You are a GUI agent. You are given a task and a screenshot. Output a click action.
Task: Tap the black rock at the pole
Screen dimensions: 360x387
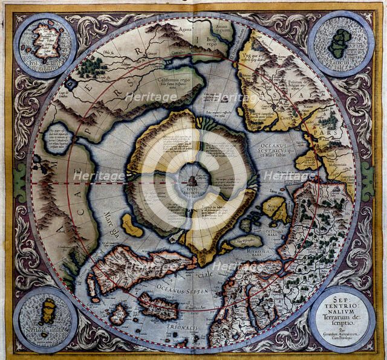coord(192,179)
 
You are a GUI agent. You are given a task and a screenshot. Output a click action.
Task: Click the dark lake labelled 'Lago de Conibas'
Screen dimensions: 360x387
coord(72,85)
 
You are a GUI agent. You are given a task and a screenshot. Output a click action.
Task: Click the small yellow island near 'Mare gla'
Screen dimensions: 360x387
coord(131,225)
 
